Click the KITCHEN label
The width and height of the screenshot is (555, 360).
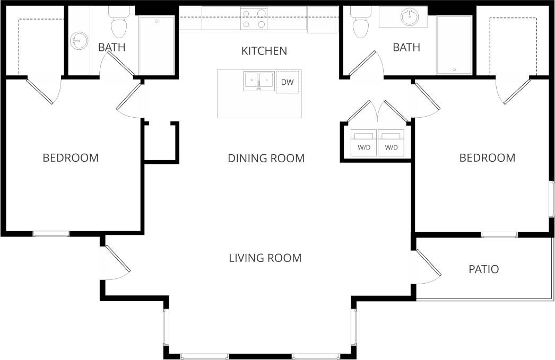[264, 51]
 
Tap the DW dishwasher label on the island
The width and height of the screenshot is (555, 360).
[287, 82]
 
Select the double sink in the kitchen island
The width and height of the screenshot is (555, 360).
[258, 81]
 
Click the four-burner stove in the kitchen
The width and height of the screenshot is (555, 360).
[254, 19]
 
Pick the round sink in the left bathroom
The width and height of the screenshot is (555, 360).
[79, 40]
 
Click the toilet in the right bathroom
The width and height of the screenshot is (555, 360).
[361, 23]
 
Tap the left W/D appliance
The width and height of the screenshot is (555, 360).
[364, 143]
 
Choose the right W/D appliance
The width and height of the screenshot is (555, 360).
[391, 143]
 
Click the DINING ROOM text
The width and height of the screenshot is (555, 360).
[266, 158]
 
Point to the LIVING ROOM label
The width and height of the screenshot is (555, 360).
[265, 258]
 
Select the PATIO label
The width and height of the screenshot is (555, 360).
[483, 269]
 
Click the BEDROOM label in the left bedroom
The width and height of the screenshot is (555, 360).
[71, 157]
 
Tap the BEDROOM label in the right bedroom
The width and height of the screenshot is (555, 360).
[487, 157]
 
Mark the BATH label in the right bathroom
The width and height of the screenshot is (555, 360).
[406, 48]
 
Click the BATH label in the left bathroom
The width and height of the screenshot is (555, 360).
[111, 47]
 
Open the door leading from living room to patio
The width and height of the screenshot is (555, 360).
[429, 264]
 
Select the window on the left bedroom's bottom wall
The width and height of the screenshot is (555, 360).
[51, 233]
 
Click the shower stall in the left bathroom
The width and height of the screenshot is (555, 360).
[157, 45]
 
